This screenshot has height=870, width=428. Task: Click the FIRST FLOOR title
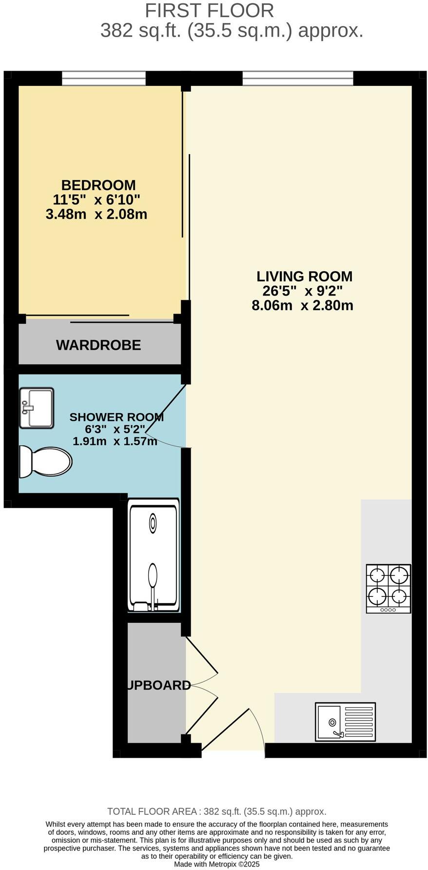pos(209,11)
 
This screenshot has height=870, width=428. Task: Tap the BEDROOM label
pos(98,185)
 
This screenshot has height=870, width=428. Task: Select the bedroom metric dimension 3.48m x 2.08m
pos(97,214)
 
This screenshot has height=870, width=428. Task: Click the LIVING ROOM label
pos(304,277)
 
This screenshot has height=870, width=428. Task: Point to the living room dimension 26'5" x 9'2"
pos(302,291)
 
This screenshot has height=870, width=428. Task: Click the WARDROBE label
pos(98,345)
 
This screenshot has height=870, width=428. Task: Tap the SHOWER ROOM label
pos(116,417)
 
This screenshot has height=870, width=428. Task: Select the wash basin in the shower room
pos(37,408)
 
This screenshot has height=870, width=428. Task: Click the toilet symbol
pos(45,462)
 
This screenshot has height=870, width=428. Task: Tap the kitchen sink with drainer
pos(345,722)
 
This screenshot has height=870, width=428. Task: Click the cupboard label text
pos(158,685)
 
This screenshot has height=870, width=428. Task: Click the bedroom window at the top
pos(104,78)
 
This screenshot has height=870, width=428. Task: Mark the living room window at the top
pos(298,78)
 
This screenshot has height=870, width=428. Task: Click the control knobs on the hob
pos(389,610)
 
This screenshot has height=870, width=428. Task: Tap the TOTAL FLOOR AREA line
pos(216,811)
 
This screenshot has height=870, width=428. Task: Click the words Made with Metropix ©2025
pos(216,864)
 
